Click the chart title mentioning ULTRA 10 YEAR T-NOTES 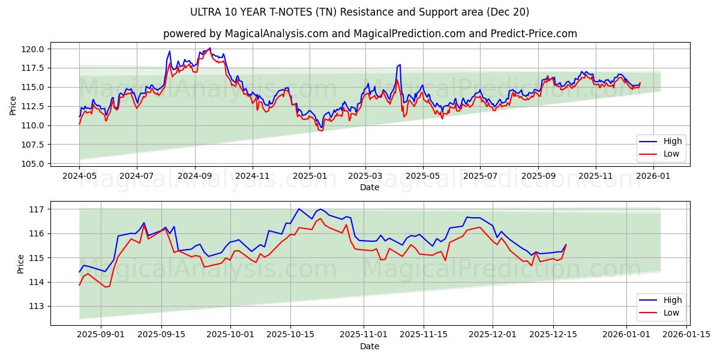[x=360, y=12]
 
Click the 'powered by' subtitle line [x=370, y=34]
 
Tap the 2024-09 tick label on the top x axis [x=194, y=176]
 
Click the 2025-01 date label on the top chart [x=310, y=176]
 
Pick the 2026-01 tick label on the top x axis [x=653, y=176]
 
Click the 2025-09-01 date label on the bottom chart [x=101, y=335]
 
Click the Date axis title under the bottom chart [x=370, y=346]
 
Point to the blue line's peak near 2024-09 [x=209, y=48]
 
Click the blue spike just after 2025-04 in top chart [x=400, y=65]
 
